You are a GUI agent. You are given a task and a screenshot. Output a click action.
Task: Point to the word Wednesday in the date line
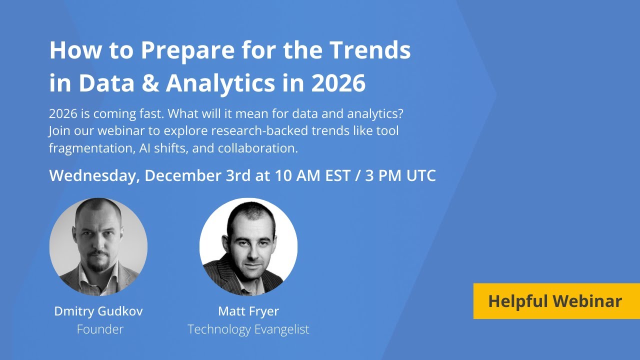click(x=94, y=176)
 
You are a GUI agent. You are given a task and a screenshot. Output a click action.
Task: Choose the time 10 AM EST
click(x=312, y=176)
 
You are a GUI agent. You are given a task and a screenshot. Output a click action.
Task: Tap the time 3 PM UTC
click(x=400, y=176)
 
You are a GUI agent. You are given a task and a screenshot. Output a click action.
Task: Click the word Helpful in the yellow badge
click(x=517, y=301)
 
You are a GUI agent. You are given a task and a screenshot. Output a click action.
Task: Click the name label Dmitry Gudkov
click(x=98, y=311)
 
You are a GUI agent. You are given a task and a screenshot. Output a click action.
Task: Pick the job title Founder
click(x=100, y=329)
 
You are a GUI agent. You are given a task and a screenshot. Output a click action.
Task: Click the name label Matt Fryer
click(x=248, y=311)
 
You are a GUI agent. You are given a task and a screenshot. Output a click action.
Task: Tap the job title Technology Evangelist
click(x=248, y=329)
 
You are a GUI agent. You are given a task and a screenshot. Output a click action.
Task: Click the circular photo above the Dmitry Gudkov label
click(x=98, y=246)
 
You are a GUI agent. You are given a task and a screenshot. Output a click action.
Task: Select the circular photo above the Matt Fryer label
click(x=248, y=246)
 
